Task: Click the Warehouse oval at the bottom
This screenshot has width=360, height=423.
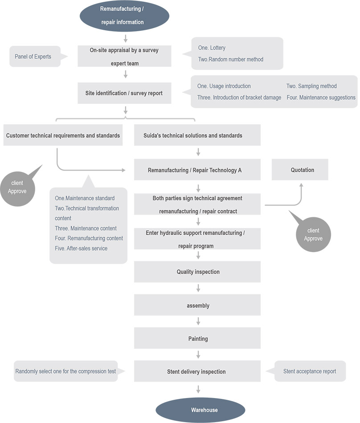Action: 200,410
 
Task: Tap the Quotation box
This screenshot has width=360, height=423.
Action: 300,170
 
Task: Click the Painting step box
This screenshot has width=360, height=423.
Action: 197,338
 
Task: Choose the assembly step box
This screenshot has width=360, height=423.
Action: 197,305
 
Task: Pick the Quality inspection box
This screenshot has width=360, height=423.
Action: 197,272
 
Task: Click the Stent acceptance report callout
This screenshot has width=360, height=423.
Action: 310,371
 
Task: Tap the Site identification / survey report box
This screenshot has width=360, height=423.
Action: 124,93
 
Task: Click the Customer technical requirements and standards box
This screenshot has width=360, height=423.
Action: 63,135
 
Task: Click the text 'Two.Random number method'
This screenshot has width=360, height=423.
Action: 230,59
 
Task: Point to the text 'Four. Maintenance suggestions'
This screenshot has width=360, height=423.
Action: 321,98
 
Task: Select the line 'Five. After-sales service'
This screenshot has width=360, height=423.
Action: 81,248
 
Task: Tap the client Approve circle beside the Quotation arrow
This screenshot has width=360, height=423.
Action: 313,234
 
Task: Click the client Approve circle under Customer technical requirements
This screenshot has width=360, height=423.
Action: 17,187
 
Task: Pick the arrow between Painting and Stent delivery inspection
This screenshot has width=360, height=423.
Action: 198,354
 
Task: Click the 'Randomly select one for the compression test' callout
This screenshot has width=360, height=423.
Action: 65,371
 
